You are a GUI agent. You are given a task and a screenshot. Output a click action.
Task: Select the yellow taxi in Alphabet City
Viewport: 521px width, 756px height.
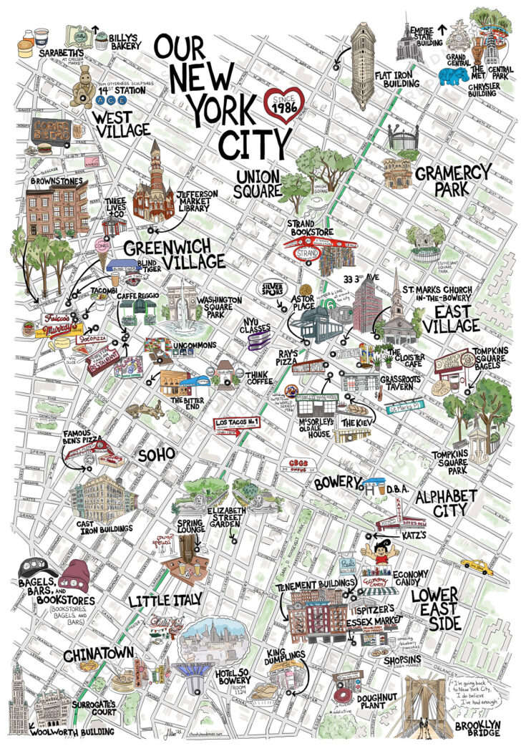tap(477, 566)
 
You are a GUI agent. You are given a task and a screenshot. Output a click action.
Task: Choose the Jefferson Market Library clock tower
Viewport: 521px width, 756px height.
tap(155, 168)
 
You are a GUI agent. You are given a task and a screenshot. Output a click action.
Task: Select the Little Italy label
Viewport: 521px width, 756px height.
tap(165, 600)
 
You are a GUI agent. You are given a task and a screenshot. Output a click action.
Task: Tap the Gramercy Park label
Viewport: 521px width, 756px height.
tap(454, 180)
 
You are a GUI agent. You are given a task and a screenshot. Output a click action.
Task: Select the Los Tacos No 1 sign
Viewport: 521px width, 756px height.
tap(237, 424)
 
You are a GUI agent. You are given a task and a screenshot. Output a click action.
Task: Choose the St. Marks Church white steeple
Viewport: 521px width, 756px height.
tap(396, 301)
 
